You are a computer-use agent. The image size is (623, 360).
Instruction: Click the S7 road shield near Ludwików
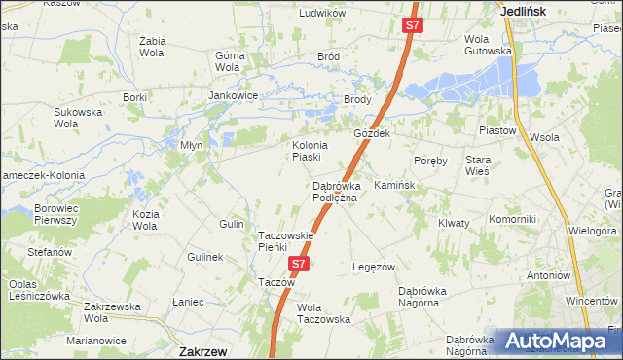click(412, 26)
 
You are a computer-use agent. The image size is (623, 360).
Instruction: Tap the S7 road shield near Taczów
click(299, 264)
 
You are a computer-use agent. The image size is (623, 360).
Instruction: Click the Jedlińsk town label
click(523, 11)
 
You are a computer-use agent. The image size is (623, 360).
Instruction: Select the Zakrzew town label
click(204, 350)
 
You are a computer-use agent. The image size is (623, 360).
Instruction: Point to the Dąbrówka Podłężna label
click(335, 192)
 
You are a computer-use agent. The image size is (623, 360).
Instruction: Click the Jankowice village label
click(233, 96)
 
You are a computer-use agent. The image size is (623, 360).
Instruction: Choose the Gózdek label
click(372, 133)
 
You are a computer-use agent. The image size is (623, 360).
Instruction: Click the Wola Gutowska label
click(488, 45)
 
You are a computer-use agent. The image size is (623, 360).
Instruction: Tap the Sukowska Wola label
click(78, 118)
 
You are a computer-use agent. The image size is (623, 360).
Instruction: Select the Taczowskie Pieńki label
click(285, 241)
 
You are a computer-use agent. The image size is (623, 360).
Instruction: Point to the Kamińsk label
click(394, 185)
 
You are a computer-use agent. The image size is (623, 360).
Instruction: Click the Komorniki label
click(513, 219)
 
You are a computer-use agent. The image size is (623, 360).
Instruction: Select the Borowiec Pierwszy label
click(55, 214)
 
